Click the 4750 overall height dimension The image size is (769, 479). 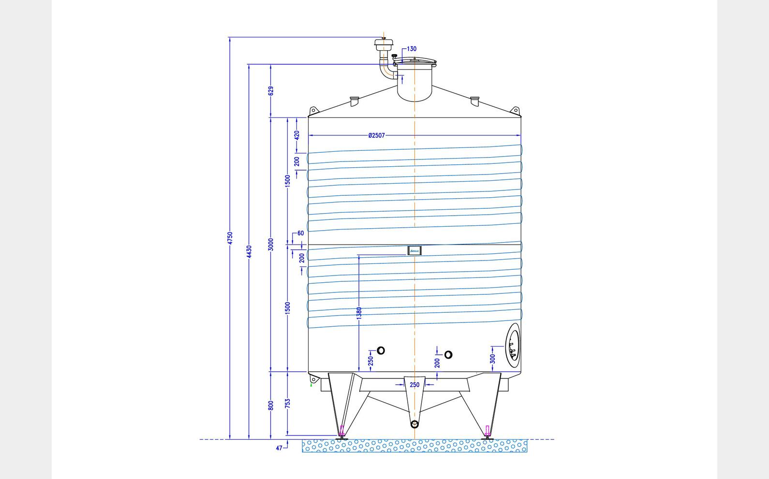pyautogui.click(x=230, y=238)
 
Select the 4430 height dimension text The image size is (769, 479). pyautogui.click(x=249, y=251)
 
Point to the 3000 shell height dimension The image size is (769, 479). pyautogui.click(x=271, y=244)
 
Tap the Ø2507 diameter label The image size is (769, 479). pyautogui.click(x=376, y=135)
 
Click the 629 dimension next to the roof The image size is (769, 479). pyautogui.click(x=271, y=90)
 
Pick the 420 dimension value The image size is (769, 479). pyautogui.click(x=297, y=134)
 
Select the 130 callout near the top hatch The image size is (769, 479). pyautogui.click(x=412, y=49)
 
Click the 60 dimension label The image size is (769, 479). pyautogui.click(x=300, y=233)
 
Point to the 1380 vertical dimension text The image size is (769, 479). pyautogui.click(x=359, y=313)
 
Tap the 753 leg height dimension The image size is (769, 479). pyautogui.click(x=287, y=404)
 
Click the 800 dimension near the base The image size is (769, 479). pyautogui.click(x=271, y=405)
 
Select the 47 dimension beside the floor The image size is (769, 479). pyautogui.click(x=279, y=448)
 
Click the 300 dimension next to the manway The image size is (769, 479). pyautogui.click(x=492, y=359)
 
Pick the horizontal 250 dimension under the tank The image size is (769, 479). pyautogui.click(x=414, y=385)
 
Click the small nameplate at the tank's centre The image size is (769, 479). pyautogui.click(x=414, y=250)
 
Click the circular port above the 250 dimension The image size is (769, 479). pyautogui.click(x=381, y=350)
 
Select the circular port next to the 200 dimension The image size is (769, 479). pyautogui.click(x=448, y=355)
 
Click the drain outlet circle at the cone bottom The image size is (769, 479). pyautogui.click(x=414, y=424)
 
